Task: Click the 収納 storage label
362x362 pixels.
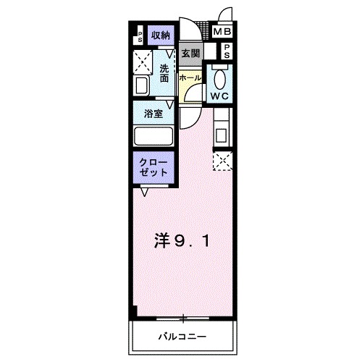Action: pos(161,35)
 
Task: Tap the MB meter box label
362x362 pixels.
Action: pos(221,33)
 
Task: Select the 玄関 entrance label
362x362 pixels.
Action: pos(190,54)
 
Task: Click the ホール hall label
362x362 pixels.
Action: pos(190,77)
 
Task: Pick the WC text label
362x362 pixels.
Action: pos(220,94)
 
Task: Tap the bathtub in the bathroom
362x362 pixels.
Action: pos(153,138)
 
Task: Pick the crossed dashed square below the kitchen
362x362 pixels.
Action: pos(222,161)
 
